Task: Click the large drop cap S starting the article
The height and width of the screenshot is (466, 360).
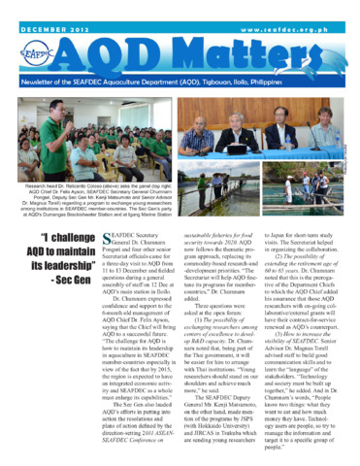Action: pyautogui.click(x=109, y=242)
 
